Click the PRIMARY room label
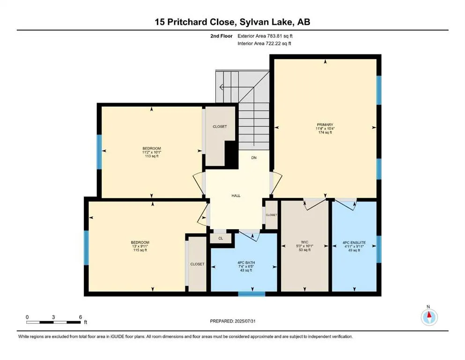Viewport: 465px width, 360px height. click(x=324, y=124)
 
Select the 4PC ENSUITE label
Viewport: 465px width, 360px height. click(x=354, y=243)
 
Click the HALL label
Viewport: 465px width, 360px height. click(x=236, y=195)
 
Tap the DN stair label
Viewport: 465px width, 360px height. click(x=254, y=158)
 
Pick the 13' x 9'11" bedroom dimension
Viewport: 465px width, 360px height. click(x=140, y=246)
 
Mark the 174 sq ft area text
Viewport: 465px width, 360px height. click(x=324, y=133)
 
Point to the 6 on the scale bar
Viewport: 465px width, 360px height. click(x=81, y=317)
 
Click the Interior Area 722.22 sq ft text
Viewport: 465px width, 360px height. click(x=266, y=44)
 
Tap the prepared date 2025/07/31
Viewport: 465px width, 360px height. click(x=232, y=321)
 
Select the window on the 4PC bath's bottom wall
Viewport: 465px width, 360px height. click(x=251, y=294)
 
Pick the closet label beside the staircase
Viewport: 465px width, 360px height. click(x=220, y=127)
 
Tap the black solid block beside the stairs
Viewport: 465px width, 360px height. click(x=230, y=153)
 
